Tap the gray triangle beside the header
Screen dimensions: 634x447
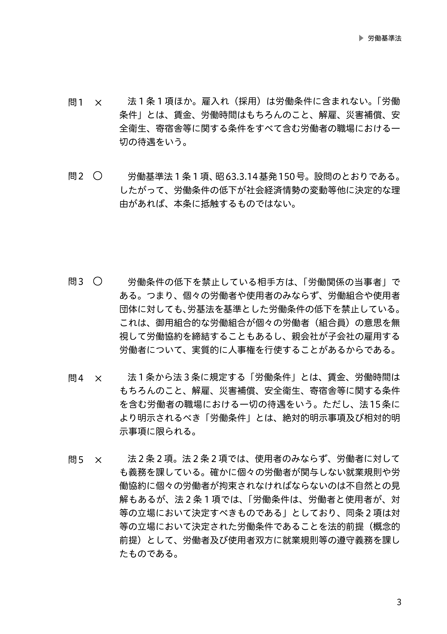click(361, 38)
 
